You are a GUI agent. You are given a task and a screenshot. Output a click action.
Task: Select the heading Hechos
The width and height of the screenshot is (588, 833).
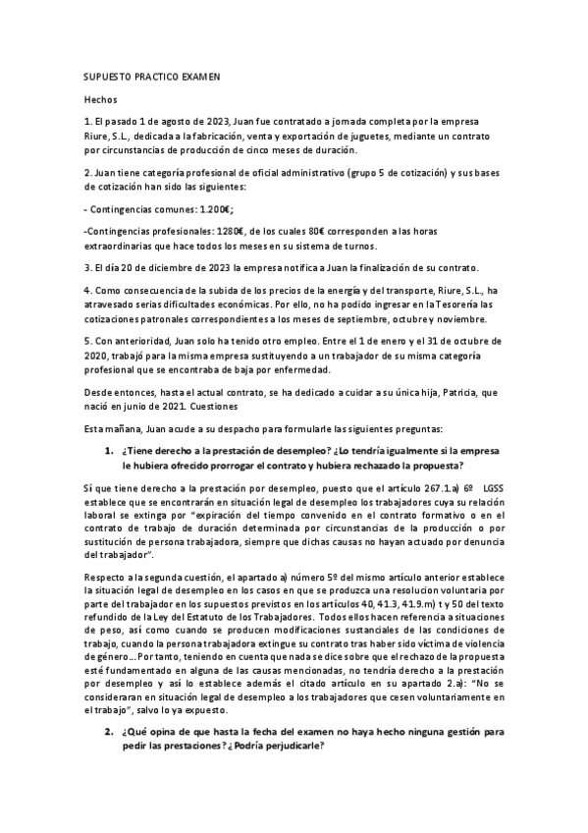[x=100, y=99]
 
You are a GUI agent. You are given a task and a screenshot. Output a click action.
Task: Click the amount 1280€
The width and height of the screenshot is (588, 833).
[x=219, y=229]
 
